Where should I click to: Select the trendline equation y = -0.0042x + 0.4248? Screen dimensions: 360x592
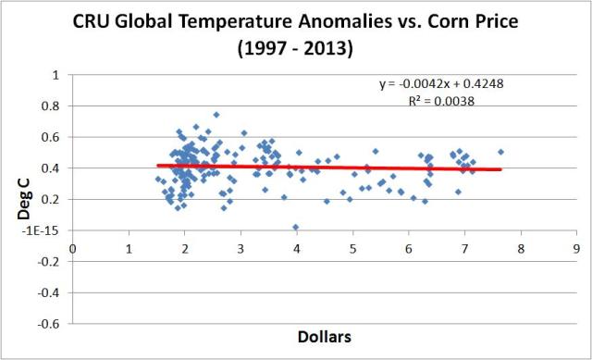coord(441,84)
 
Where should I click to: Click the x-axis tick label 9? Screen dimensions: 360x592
coord(576,248)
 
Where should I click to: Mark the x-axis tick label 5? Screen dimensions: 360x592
coord(352,248)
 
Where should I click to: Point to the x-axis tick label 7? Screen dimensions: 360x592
coord(464,248)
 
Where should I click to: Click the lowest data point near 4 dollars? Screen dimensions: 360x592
coord(296,227)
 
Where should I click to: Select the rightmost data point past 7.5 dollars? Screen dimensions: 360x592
coord(500,152)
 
